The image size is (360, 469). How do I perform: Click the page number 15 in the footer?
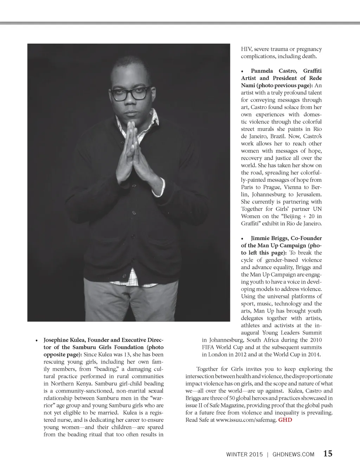328,454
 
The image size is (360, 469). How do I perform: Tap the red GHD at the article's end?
285,420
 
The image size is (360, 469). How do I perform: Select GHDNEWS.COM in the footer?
293,454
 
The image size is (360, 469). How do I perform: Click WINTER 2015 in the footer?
244,454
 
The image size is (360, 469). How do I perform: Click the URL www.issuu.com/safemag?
246,420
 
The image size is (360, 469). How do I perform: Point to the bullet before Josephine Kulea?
36,341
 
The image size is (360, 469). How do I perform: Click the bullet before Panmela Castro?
242,71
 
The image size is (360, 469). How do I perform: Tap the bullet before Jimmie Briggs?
242,238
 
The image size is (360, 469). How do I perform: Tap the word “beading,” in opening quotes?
108,369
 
